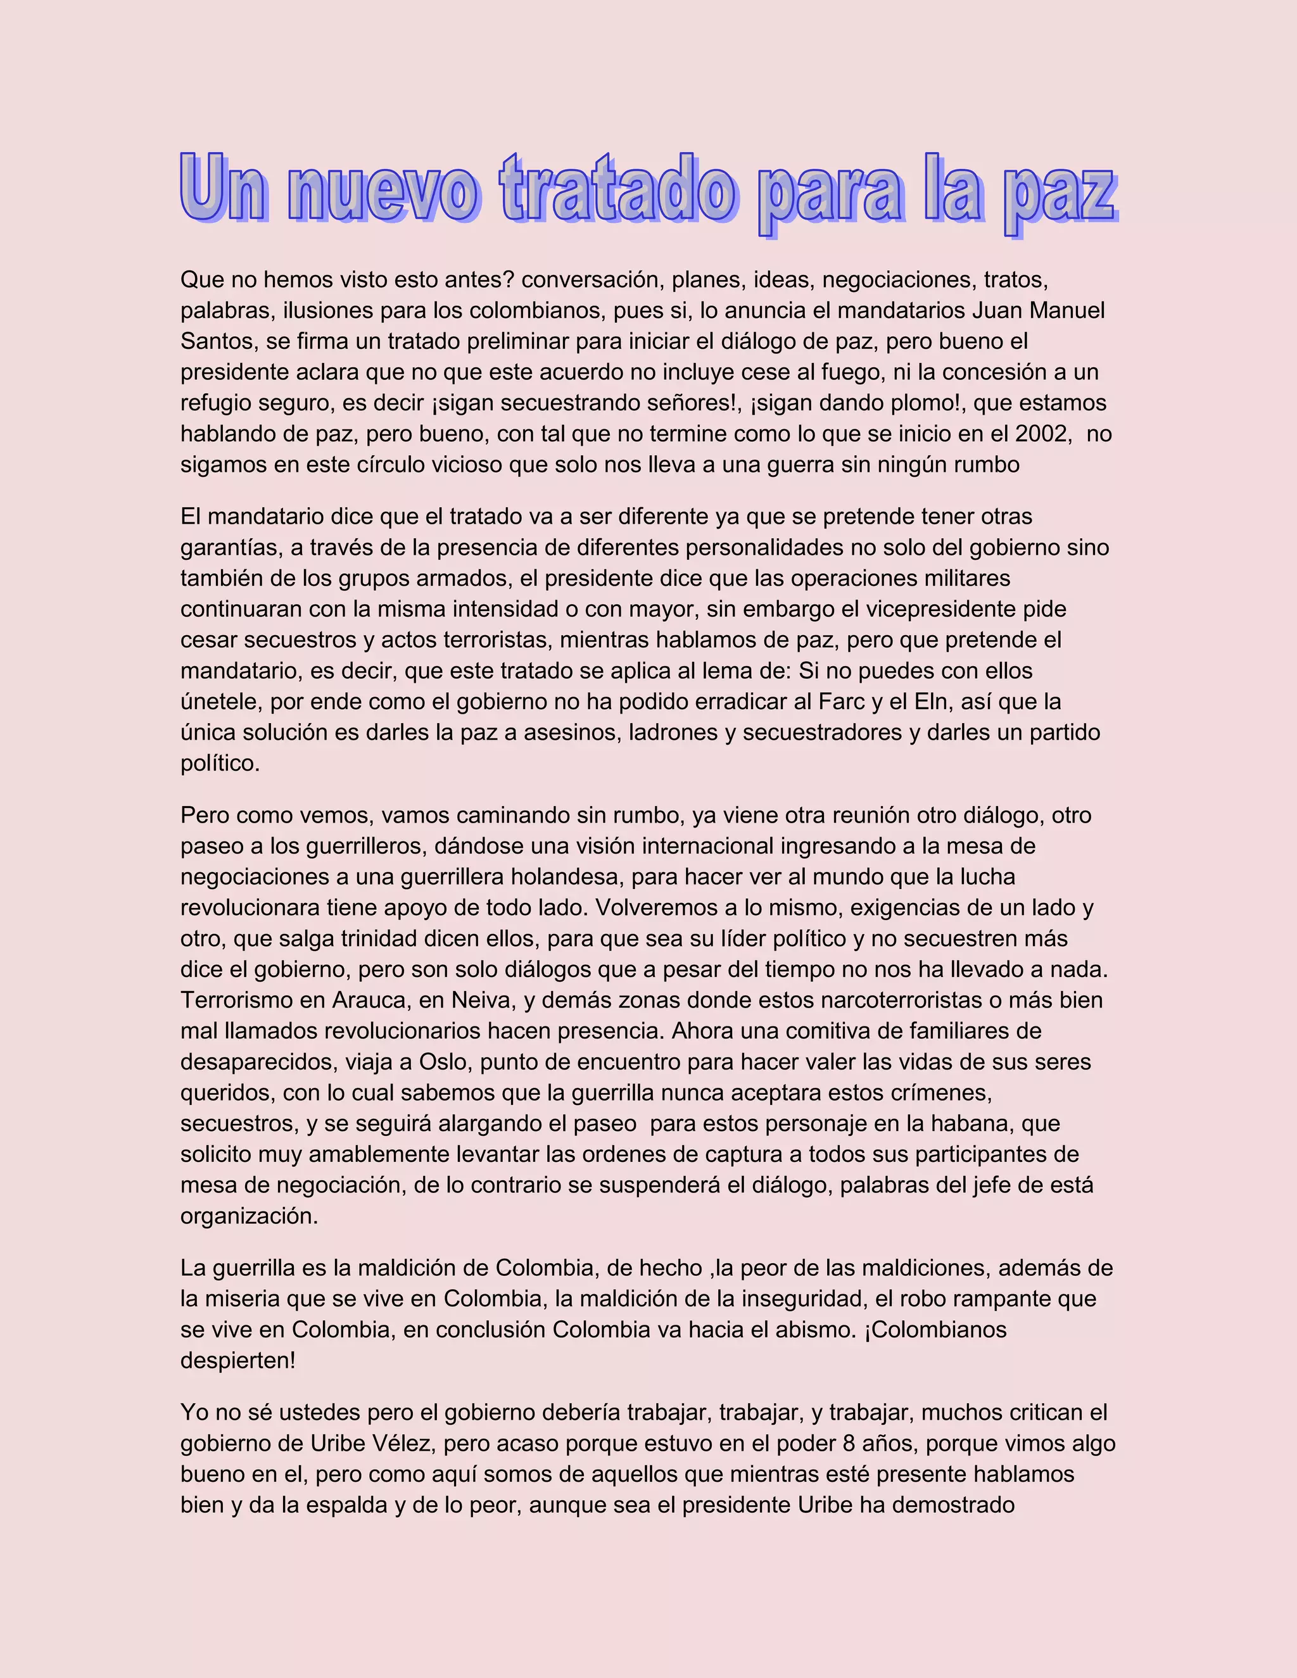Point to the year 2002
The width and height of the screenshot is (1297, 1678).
tap(1042, 434)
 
